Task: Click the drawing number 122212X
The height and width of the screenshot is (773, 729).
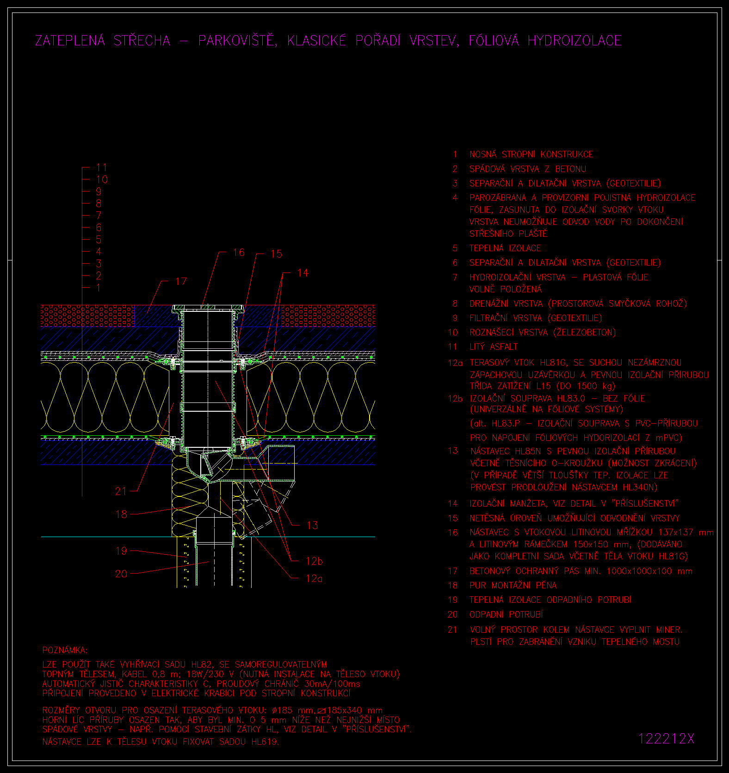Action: pyautogui.click(x=666, y=739)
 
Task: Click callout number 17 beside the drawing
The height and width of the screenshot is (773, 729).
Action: pyautogui.click(x=181, y=281)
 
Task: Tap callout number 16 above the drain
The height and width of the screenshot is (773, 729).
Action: pyautogui.click(x=239, y=252)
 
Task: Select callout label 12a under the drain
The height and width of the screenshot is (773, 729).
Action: pyautogui.click(x=314, y=578)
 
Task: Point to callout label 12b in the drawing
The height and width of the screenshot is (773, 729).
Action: pyautogui.click(x=314, y=561)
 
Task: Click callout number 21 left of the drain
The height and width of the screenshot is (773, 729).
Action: pyautogui.click(x=121, y=491)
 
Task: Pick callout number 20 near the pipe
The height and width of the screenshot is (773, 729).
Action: pyautogui.click(x=121, y=574)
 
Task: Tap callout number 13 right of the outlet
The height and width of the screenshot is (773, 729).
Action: pyautogui.click(x=312, y=526)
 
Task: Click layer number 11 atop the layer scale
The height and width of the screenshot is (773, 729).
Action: pyautogui.click(x=101, y=167)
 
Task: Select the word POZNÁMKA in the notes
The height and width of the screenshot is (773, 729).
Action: pyautogui.click(x=65, y=650)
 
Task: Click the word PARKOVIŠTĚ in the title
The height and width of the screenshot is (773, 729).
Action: pyautogui.click(x=237, y=41)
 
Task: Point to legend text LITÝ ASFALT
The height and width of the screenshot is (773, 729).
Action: pyautogui.click(x=494, y=346)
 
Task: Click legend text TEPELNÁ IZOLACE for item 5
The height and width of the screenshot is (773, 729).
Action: pyautogui.click(x=505, y=248)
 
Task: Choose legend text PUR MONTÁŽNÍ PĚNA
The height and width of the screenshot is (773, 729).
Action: pyautogui.click(x=513, y=585)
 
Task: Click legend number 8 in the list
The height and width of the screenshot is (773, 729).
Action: pyautogui.click(x=455, y=303)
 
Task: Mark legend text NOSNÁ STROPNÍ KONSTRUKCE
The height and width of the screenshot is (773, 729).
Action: pyautogui.click(x=531, y=154)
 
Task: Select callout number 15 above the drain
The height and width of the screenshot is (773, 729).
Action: pyautogui.click(x=276, y=254)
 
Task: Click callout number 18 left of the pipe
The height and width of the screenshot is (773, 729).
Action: pyautogui.click(x=121, y=514)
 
